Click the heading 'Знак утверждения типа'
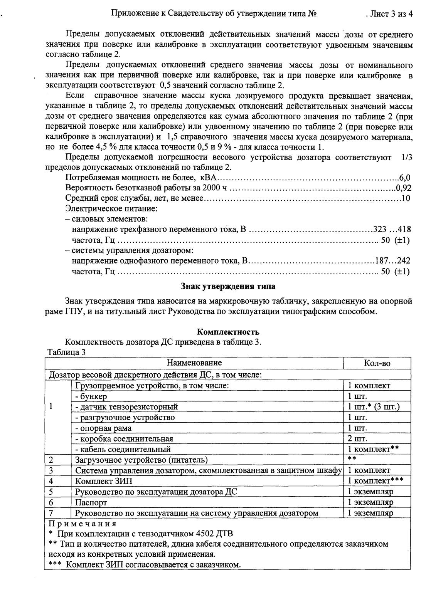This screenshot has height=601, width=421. coord(228,286)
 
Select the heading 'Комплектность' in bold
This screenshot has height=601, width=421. coord(228,332)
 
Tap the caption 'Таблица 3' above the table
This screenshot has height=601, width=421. coord(66,352)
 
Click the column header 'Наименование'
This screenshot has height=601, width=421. coord(194,363)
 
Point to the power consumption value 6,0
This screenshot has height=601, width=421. coord(404,178)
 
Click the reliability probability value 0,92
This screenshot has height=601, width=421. coord(403,188)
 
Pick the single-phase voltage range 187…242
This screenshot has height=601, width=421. coord(393,261)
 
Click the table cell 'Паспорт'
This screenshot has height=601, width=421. coord(91,502)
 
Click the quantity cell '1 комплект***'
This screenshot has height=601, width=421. coord(375,481)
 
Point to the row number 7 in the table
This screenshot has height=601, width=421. coord(51,513)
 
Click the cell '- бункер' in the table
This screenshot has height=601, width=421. coord(91,396)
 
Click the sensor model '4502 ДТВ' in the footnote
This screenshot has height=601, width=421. coord(214,534)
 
